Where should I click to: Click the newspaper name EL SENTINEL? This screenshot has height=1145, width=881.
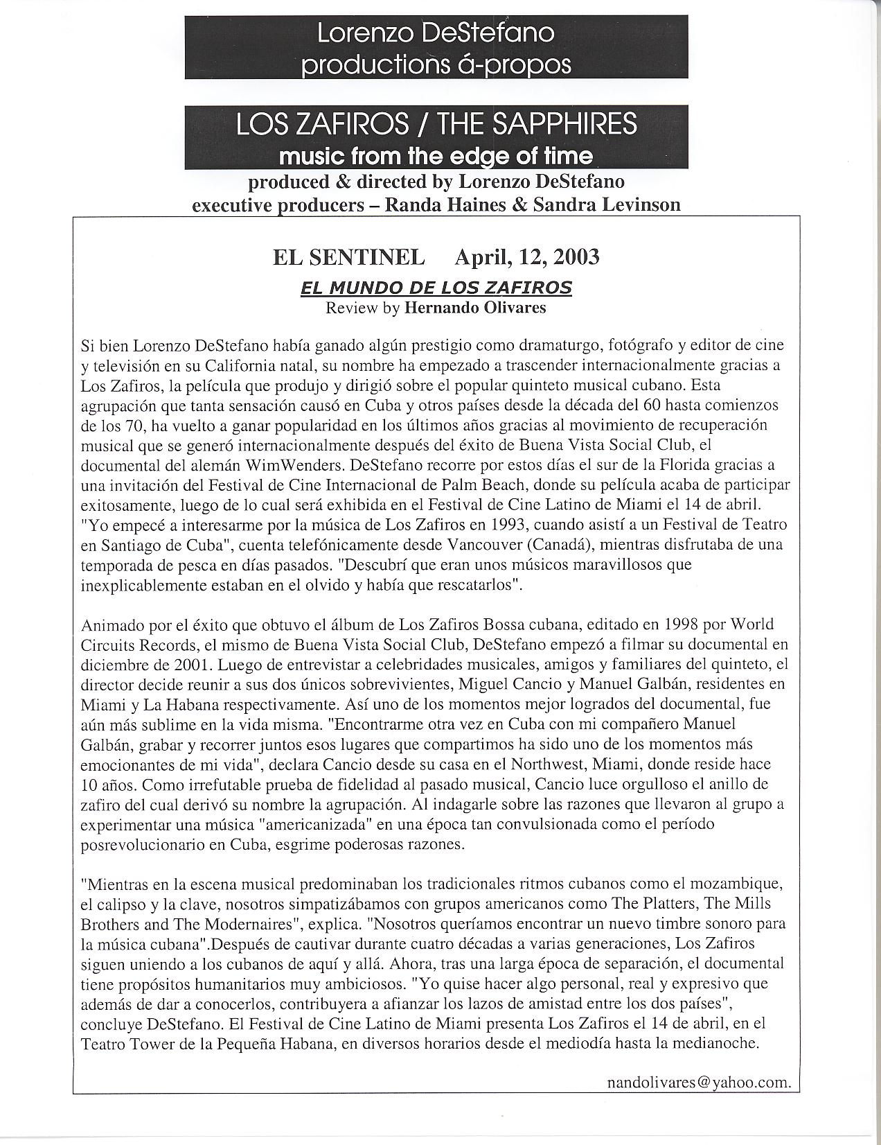348,257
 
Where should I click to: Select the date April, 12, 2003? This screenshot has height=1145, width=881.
526,257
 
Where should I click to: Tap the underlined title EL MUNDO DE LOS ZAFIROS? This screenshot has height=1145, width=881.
436,288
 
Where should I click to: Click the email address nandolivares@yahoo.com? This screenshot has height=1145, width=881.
697,1082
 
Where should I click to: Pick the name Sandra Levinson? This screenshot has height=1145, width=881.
607,204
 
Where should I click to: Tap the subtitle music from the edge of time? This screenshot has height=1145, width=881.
436,155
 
